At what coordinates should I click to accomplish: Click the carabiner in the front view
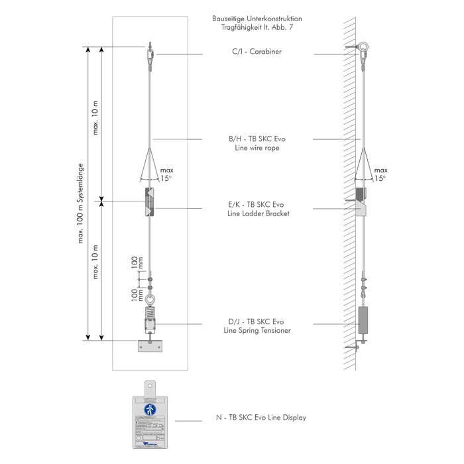(152, 53)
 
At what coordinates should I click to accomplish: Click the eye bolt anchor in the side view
(364, 47)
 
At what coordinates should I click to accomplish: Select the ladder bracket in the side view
(359, 202)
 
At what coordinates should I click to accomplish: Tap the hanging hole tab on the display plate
(152, 386)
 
